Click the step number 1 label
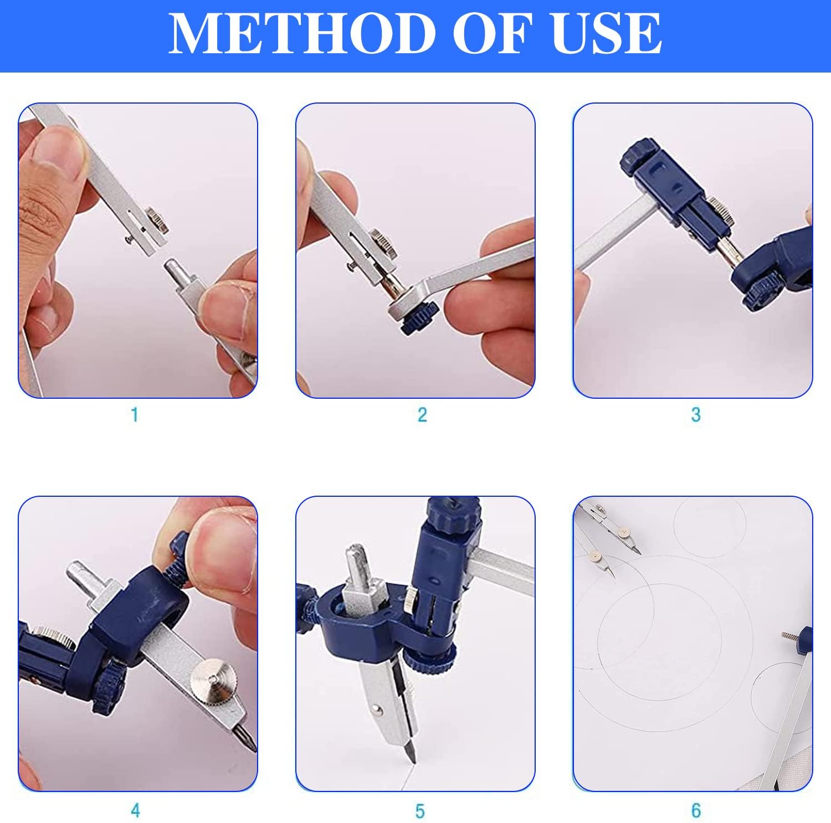[134, 414]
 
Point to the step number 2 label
[422, 414]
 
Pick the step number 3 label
[696, 414]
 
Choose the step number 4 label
[135, 811]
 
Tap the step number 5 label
[420, 811]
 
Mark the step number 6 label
[696, 811]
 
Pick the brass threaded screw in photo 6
[789, 637]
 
